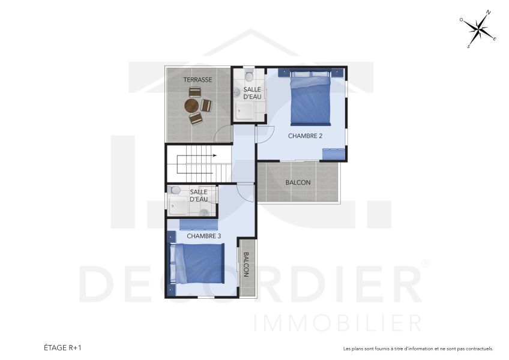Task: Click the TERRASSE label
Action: [x=197, y=80]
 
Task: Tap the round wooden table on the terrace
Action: [x=191, y=106]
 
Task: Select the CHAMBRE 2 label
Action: [x=305, y=136]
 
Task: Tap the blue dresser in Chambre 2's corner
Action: [x=334, y=153]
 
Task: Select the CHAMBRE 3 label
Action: [x=203, y=236]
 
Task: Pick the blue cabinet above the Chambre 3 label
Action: [x=199, y=225]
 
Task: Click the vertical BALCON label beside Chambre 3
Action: [x=246, y=264]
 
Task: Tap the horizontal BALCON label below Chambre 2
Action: [x=298, y=182]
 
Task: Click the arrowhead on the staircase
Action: [x=214, y=157]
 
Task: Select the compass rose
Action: [x=478, y=28]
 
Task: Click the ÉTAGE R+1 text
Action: [x=62, y=347]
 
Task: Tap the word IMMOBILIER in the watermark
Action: [x=338, y=323]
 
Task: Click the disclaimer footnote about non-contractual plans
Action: [x=418, y=348]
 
